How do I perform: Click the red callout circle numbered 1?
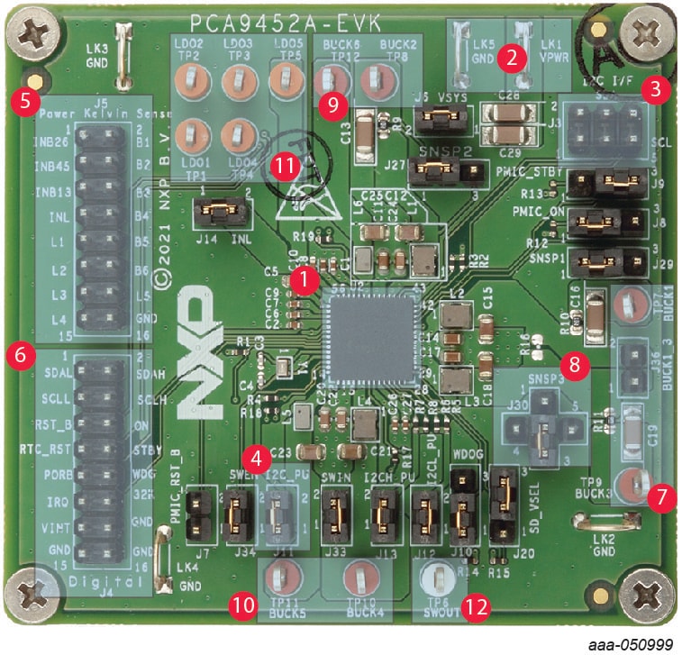[x=307, y=279]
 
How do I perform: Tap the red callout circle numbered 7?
[x=663, y=496]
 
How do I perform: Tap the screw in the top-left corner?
[x=34, y=33]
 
